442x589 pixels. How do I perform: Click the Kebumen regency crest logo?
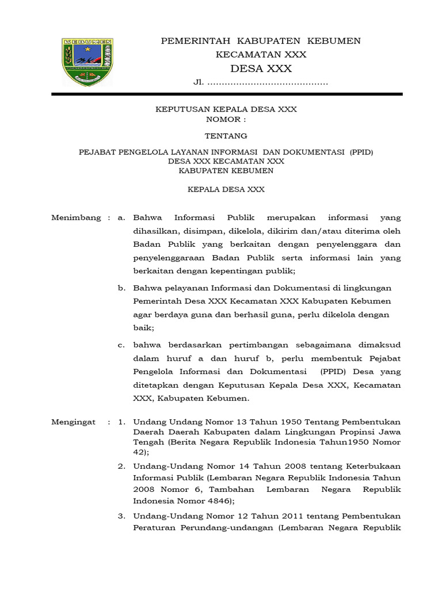[87, 62]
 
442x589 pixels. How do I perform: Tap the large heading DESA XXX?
[261, 69]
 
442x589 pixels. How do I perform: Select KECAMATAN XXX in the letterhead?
[261, 55]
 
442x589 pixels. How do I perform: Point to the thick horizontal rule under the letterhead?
[227, 94]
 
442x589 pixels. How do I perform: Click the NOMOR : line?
[226, 120]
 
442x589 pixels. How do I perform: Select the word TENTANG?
[226, 136]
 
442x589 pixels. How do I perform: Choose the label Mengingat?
[73, 422]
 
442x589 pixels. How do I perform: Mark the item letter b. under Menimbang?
[121, 288]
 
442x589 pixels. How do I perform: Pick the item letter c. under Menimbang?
[121, 345]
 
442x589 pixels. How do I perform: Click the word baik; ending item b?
[143, 328]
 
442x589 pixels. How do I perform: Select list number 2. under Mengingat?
[121, 466]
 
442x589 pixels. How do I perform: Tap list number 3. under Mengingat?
[121, 516]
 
